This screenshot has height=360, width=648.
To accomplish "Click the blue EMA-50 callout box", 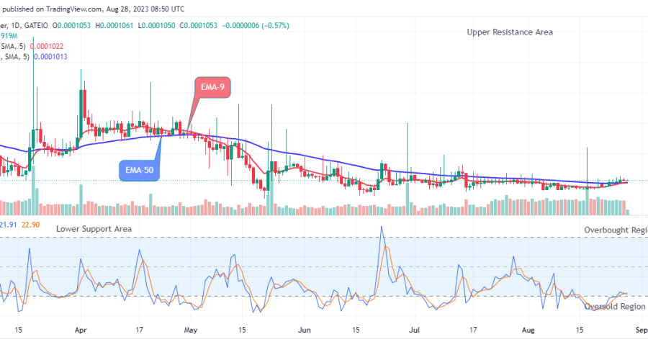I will pyautogui.click(x=139, y=171).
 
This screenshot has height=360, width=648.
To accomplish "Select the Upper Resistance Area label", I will pyautogui.click(x=510, y=32).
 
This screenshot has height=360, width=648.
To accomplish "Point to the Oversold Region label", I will pyautogui.click(x=614, y=307).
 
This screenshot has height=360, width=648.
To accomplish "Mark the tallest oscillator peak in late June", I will pyautogui.click(x=382, y=228).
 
